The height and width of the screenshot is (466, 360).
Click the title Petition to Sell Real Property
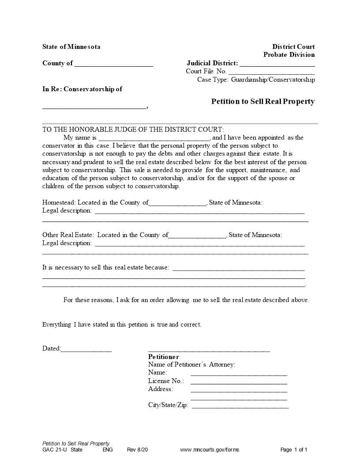coord(263,101)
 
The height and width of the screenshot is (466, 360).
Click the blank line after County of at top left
coord(114,64)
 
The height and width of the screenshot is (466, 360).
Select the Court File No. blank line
coord(271,72)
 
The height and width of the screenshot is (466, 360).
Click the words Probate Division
coord(289,55)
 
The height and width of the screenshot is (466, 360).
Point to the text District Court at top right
coord(293,47)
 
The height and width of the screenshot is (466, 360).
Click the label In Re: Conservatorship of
coord(82,89)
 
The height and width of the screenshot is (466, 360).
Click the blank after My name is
coord(154,139)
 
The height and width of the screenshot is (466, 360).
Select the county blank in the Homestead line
coord(178,204)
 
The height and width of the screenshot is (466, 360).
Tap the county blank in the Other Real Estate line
coord(198,236)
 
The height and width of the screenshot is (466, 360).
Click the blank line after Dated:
coord(86,350)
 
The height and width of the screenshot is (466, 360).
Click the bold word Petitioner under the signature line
coord(164,357)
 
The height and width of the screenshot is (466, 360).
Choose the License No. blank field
coord(239,382)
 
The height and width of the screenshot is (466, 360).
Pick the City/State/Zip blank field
coord(240,406)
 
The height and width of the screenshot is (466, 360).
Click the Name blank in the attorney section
coord(239,374)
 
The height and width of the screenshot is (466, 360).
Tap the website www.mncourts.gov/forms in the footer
coord(210,450)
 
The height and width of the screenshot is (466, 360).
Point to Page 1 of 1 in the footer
coord(294,450)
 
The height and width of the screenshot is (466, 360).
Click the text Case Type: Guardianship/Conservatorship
coord(256,80)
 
